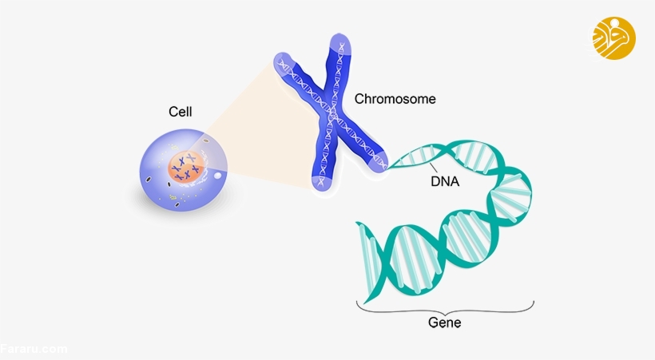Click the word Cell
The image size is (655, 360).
[180, 112]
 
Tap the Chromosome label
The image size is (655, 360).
[395, 99]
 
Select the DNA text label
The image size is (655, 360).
[445, 182]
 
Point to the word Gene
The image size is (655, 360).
[444, 322]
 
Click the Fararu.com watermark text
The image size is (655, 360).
[34, 349]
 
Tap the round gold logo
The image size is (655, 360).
[613, 38]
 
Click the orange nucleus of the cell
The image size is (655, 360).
[187, 168]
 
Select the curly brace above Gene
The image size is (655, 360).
[445, 309]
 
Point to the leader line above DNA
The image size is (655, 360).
[433, 167]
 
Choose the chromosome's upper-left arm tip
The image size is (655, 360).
[283, 61]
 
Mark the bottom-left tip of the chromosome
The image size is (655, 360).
[322, 183]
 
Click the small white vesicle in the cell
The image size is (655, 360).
[217, 176]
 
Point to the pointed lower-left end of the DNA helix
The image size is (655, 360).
[366, 302]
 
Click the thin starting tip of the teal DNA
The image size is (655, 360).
[389, 168]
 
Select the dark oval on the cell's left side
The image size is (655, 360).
[149, 180]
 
